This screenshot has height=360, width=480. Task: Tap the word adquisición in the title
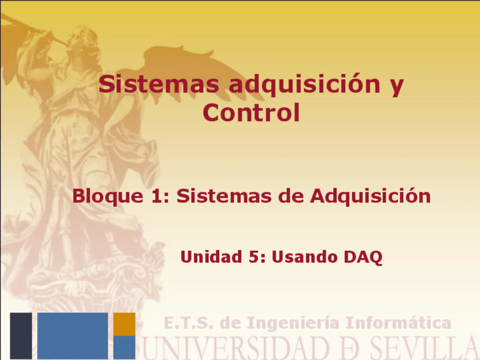[303, 85]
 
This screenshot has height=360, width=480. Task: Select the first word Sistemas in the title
[159, 85]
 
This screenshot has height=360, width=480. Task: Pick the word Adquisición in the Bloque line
[370, 196]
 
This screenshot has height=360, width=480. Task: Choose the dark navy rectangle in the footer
[21, 335]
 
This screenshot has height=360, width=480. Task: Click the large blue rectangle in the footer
[72, 335]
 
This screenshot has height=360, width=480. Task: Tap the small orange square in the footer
[124, 324]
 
